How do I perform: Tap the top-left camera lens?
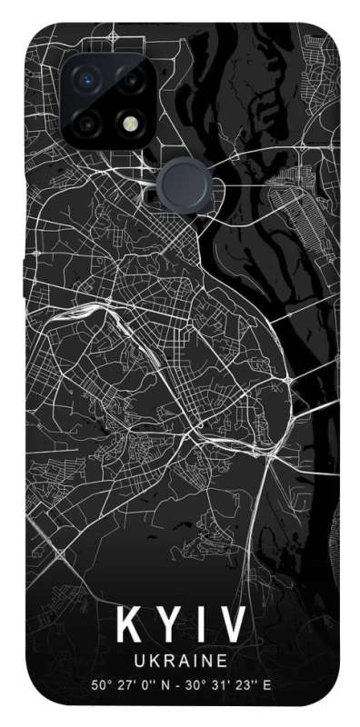click(x=88, y=79)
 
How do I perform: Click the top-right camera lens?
click(x=131, y=79)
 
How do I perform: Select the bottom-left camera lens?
click(x=88, y=122)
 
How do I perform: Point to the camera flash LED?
click(x=131, y=122)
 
